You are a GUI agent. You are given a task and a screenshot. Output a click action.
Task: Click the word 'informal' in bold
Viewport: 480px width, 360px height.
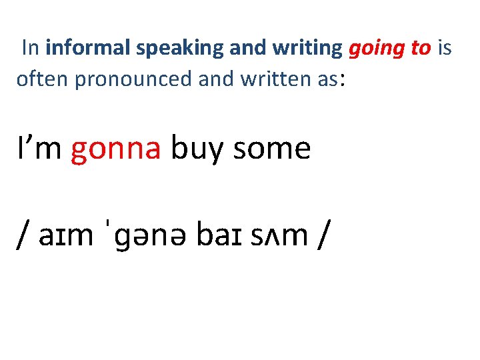point(89,48)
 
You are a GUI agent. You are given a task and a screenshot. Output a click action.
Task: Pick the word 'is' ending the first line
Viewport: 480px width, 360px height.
point(445,48)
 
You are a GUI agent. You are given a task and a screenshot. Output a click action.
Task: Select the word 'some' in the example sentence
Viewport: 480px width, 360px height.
point(272,148)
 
